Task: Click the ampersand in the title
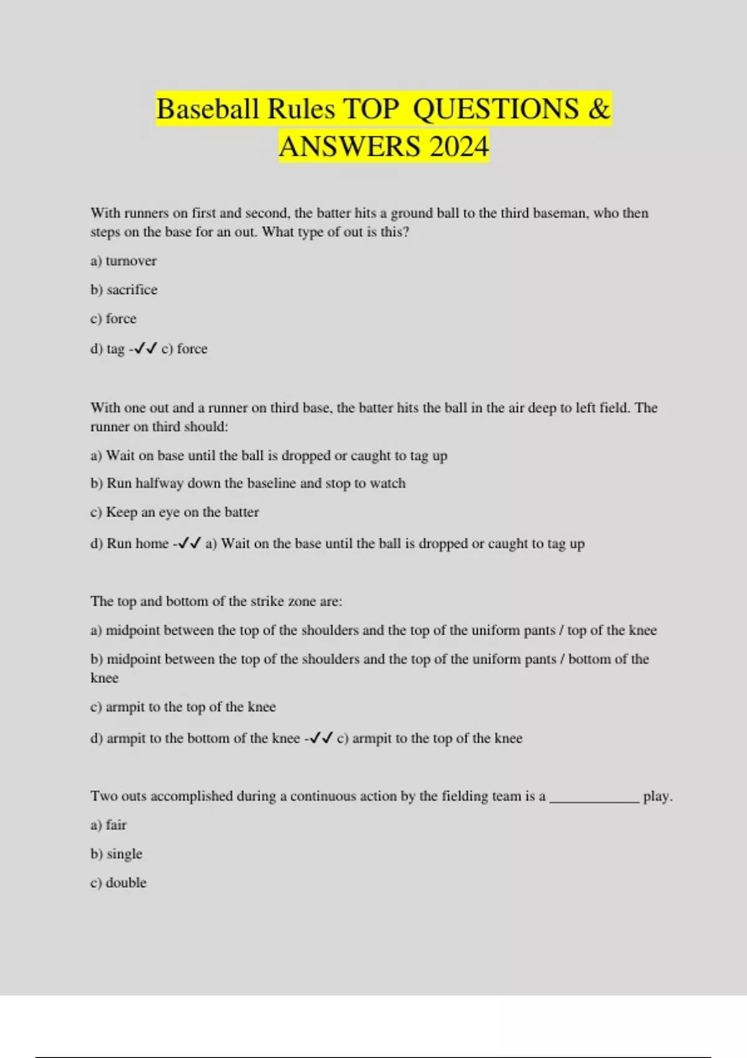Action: [599, 109]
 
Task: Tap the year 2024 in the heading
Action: [459, 147]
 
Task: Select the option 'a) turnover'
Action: [123, 261]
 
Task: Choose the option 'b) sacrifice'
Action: [123, 289]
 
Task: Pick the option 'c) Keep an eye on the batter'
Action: [174, 512]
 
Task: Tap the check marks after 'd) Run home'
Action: [189, 543]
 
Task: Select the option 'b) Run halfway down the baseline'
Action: [248, 484]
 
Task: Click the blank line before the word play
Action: [594, 797]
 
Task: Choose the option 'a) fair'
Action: [108, 825]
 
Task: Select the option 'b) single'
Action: [116, 854]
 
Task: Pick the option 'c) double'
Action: [118, 882]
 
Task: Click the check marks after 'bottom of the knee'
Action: [321, 738]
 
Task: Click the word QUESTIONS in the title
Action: [496, 109]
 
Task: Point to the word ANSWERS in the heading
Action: [349, 147]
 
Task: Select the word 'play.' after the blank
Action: [657, 797]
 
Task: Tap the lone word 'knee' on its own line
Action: [104, 678]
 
